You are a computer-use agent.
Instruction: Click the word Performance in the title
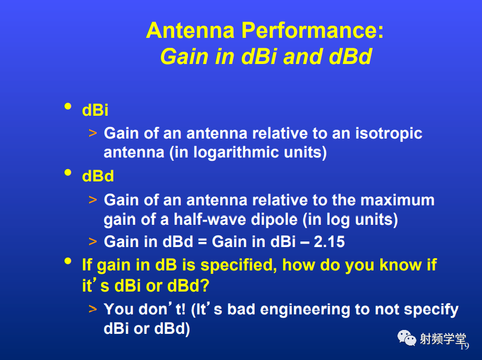coord(312,30)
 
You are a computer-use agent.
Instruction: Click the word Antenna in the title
coord(190,30)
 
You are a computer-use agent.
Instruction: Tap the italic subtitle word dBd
coord(350,56)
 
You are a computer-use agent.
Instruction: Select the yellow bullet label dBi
coord(95,110)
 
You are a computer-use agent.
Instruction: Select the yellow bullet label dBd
coord(98,176)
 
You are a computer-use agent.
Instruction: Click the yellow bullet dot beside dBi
coord(68,106)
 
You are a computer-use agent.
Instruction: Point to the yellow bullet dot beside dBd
coord(68,172)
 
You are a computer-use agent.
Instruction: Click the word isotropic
coord(389,134)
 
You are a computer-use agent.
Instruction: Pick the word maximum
coord(397,200)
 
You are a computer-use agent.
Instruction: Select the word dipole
coord(274,220)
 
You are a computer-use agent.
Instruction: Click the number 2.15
coord(329,241)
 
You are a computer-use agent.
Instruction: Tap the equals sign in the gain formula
coord(202,242)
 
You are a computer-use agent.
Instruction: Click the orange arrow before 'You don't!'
coord(92,309)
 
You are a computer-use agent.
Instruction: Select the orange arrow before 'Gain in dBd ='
coord(92,241)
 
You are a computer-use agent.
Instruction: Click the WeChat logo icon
coord(407,338)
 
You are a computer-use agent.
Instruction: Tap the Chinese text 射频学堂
coord(443,339)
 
